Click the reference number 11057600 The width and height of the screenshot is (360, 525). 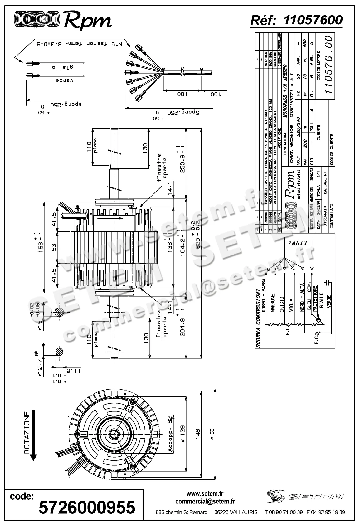tap(313, 20)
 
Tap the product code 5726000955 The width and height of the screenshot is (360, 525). tap(87, 507)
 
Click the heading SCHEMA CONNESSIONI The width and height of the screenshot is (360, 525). tap(258, 319)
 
